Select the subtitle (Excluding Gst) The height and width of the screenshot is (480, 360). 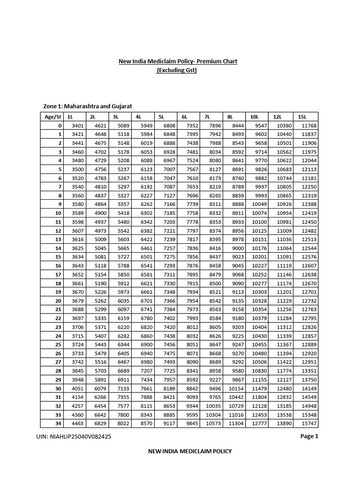(x=177, y=70)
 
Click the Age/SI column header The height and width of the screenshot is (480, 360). (x=52, y=117)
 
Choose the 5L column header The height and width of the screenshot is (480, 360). (x=162, y=117)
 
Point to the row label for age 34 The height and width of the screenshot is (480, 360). (x=59, y=423)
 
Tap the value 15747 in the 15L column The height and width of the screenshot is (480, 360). (x=309, y=423)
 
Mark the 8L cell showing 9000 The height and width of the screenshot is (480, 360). (x=237, y=248)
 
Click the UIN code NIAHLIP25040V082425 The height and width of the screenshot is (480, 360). (x=74, y=436)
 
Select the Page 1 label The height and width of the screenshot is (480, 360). (x=309, y=436)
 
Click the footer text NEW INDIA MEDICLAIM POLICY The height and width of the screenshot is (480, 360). (x=189, y=451)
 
